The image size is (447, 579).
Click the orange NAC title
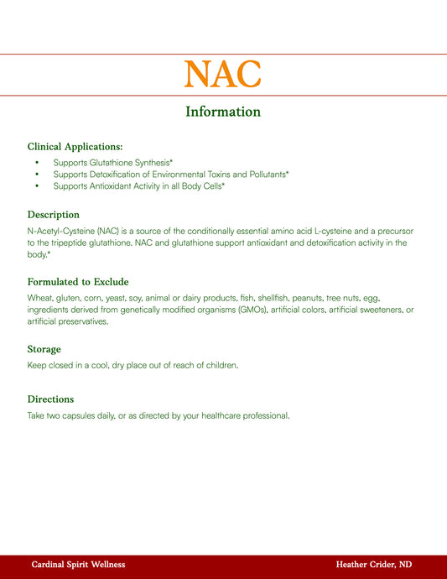click(223, 74)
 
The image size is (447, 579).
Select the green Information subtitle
click(223, 112)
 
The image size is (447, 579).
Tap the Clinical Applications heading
click(75, 146)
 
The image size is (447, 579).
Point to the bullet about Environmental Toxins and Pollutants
click(170, 174)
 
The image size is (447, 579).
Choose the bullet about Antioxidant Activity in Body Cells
click(138, 185)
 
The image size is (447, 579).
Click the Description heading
click(53, 214)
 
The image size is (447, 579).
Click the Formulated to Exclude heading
click(77, 282)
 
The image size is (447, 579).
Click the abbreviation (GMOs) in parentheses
click(252, 310)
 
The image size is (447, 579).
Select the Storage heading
click(44, 349)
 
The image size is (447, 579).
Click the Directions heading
click(50, 399)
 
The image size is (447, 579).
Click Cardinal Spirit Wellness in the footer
click(78, 565)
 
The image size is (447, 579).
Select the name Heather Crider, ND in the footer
click(373, 565)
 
